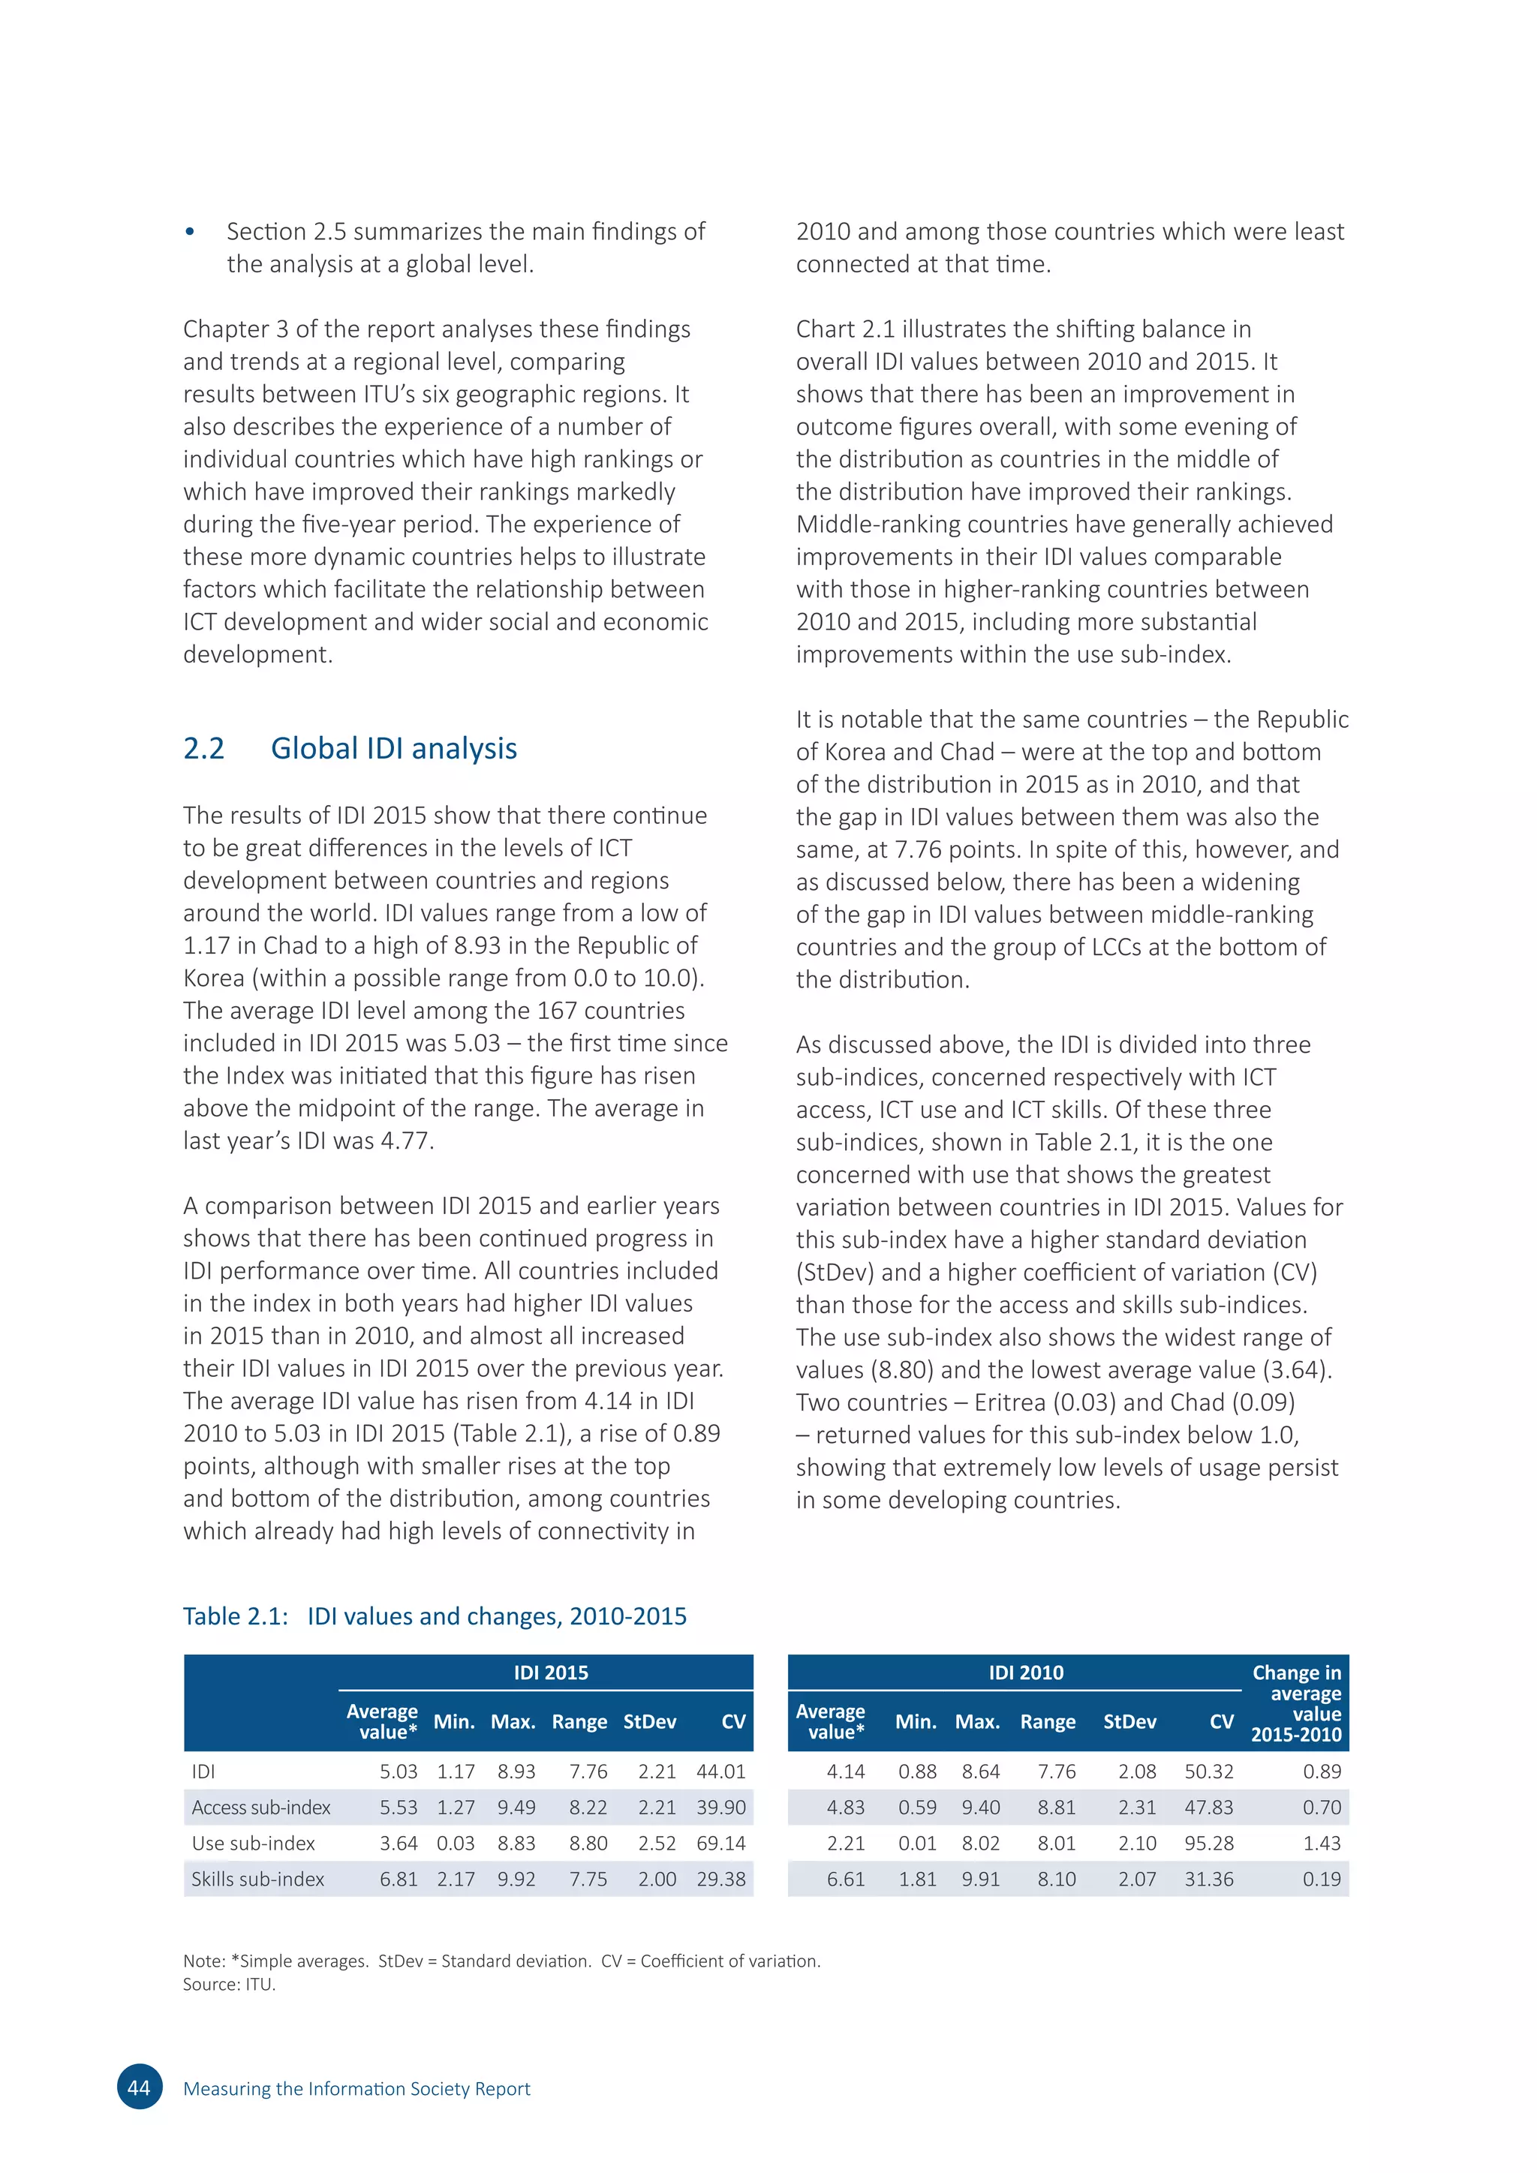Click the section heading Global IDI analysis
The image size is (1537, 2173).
pos(394,749)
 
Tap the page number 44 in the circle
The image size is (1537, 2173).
pos(139,2087)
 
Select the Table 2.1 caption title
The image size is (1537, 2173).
pos(435,1615)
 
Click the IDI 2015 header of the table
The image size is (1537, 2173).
pos(551,1673)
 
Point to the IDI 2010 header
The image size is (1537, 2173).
pos(1026,1673)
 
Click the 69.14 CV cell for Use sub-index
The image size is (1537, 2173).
pos(721,1843)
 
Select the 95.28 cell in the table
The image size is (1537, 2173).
pos(1208,1843)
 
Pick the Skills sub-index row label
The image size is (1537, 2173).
pos(257,1879)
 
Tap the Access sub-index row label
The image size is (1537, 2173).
pos(261,1807)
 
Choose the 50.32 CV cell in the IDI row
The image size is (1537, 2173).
pos(1208,1771)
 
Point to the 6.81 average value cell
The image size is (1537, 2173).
pos(399,1879)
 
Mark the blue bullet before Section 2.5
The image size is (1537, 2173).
pos(190,232)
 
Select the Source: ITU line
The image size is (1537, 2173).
pos(229,1985)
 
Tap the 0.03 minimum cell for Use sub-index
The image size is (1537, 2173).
pos(456,1843)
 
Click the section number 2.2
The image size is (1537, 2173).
pos(203,749)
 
